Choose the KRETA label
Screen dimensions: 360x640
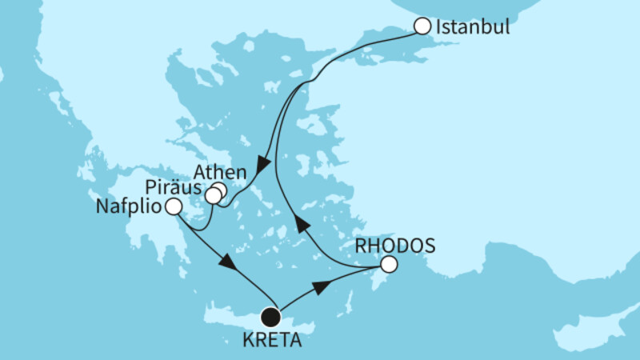273,338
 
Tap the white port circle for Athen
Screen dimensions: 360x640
218,190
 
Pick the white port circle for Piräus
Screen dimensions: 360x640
212,196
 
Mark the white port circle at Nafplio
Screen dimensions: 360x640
173,208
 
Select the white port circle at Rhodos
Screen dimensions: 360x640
389,264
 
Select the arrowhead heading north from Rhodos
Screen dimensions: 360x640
300,221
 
